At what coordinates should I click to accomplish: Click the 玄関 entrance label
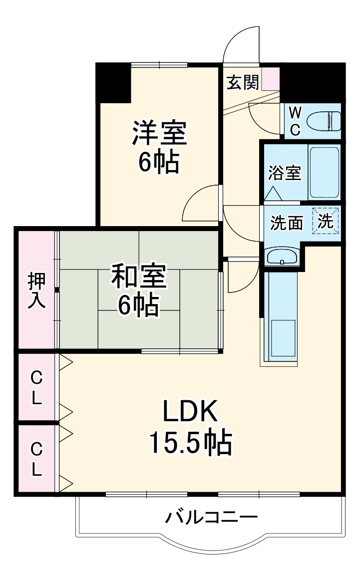243,82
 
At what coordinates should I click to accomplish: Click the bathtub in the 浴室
324,172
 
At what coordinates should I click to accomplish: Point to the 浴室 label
284,173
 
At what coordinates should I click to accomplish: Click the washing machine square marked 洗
326,221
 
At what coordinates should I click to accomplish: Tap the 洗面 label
287,223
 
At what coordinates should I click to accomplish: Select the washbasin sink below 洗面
282,258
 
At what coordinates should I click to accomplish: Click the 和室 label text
138,277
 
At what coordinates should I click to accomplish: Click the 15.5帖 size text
190,442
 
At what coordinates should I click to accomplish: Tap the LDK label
190,412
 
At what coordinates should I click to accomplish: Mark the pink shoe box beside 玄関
271,78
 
